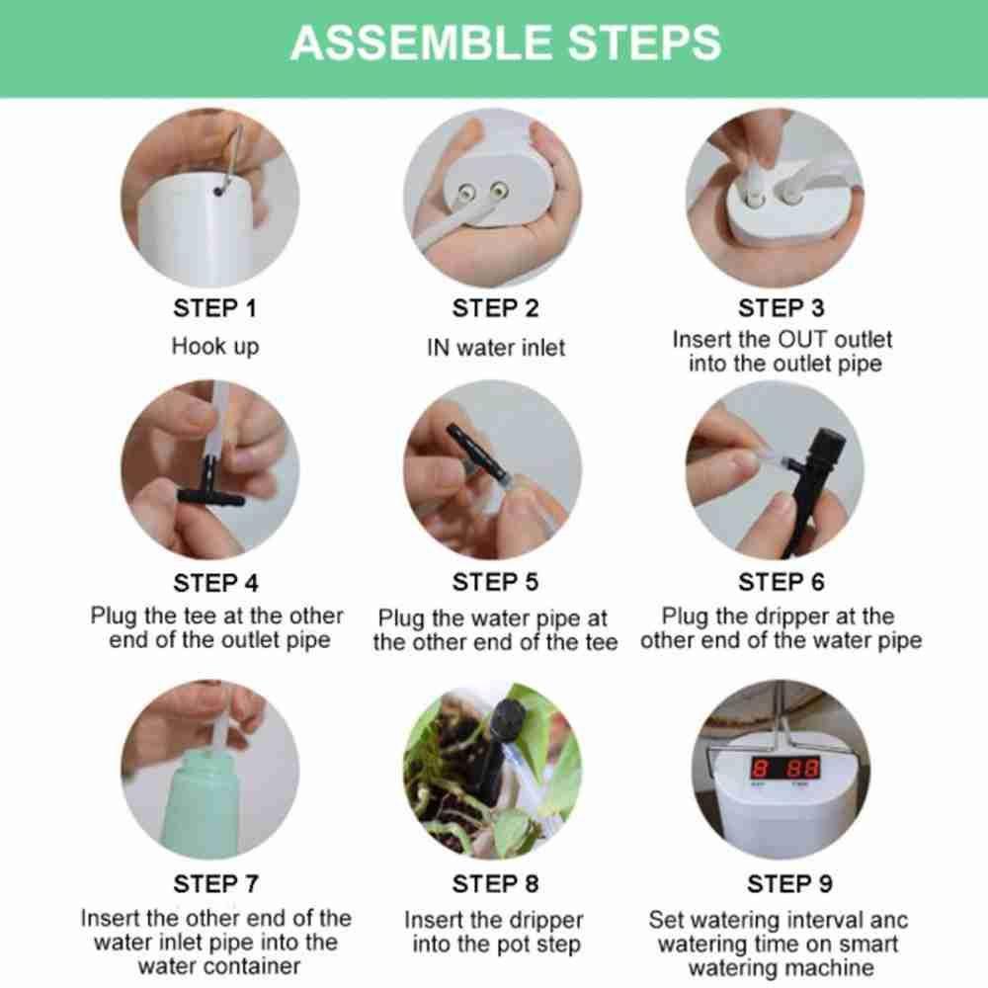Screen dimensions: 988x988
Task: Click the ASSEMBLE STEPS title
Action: pyautogui.click(x=505, y=42)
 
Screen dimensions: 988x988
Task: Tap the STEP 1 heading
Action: pyautogui.click(x=214, y=308)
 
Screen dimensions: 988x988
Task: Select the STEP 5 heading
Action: pyautogui.click(x=495, y=582)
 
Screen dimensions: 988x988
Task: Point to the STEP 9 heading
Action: pyautogui.click(x=789, y=883)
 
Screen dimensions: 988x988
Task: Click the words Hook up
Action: pyautogui.click(x=214, y=346)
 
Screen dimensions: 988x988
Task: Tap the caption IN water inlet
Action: pyautogui.click(x=496, y=347)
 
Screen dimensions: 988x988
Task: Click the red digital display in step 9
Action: pyautogui.click(x=784, y=768)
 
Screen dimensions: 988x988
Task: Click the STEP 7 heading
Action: pyautogui.click(x=215, y=883)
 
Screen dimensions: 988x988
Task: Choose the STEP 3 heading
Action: pyautogui.click(x=781, y=308)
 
